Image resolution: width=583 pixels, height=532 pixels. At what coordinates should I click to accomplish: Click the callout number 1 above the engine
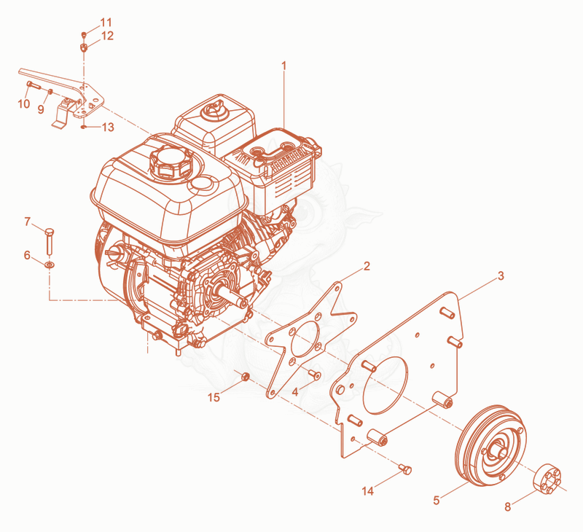point(284,66)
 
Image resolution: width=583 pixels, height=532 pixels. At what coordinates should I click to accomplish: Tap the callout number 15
point(214,397)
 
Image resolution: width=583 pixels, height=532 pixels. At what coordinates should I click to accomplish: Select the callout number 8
point(507,506)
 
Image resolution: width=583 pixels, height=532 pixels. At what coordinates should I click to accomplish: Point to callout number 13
point(108,127)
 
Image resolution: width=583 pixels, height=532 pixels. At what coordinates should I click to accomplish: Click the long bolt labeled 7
point(49,241)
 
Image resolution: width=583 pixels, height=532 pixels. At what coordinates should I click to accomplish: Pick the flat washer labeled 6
point(49,265)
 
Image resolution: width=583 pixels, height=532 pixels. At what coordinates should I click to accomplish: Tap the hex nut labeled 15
point(245,377)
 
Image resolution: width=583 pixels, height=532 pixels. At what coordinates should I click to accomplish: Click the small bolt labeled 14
point(405,469)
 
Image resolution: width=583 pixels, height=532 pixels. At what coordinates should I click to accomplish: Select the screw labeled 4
point(316,375)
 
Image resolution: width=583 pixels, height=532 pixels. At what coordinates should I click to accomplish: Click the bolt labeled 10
point(34,85)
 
